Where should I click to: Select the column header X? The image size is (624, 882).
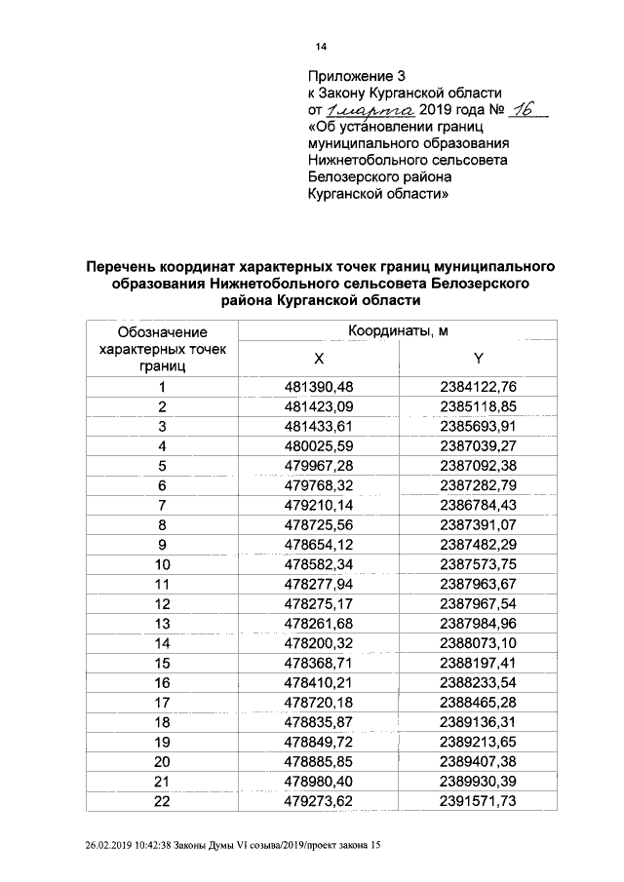coord(319,359)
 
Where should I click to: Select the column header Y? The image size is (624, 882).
coord(479,359)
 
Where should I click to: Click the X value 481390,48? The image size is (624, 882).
coord(318,388)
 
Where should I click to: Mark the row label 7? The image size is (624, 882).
coord(163,505)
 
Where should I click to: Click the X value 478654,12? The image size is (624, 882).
coord(318,544)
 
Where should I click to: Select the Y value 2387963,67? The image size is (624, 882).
coord(478,584)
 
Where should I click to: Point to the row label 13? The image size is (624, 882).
coord(163,623)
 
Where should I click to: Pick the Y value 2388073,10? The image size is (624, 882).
coord(478,642)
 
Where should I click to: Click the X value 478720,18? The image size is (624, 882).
coord(318,702)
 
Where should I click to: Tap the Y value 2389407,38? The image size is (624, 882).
coord(478,760)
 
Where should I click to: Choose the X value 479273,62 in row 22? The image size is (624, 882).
coord(318,800)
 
